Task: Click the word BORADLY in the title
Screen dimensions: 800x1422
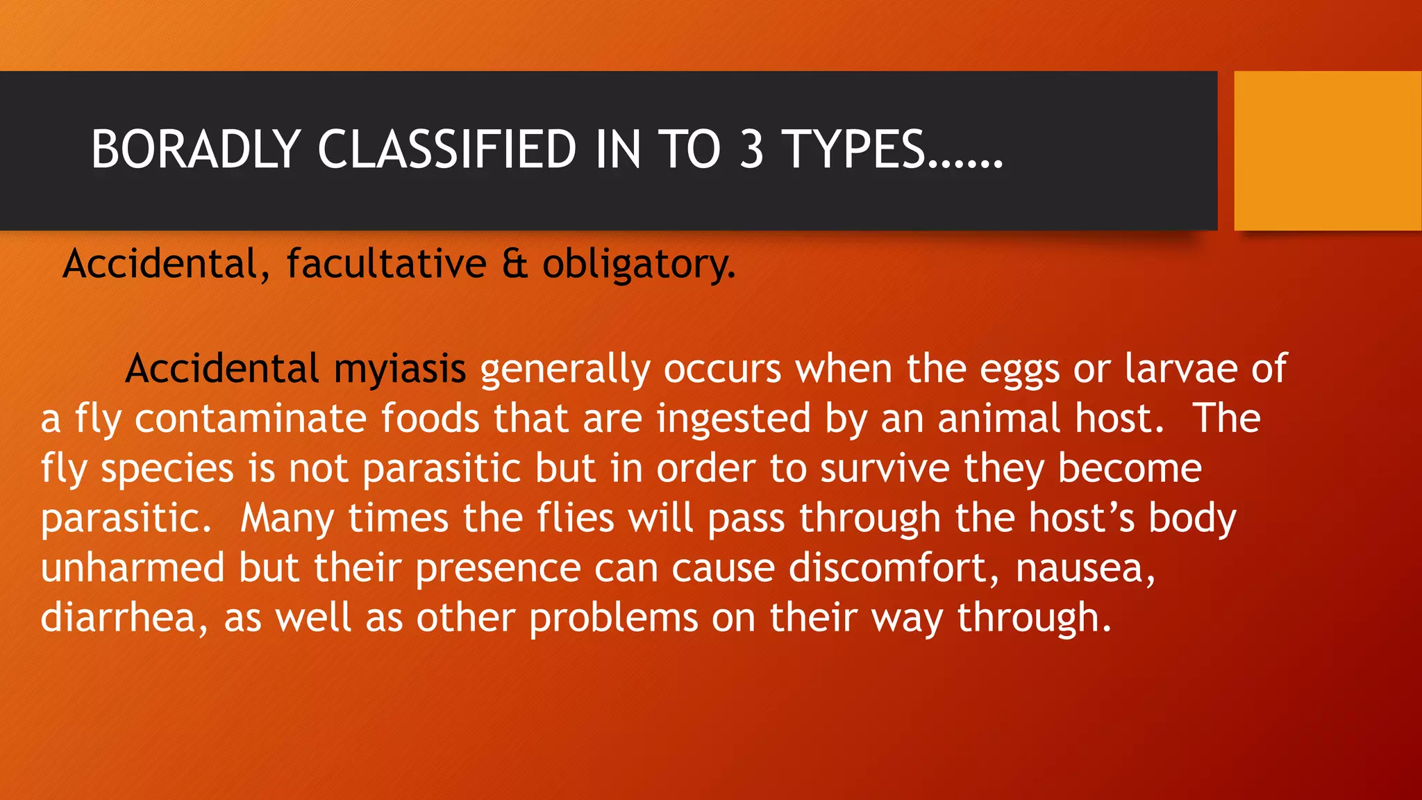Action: coord(195,149)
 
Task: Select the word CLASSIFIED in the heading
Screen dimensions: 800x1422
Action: coord(446,149)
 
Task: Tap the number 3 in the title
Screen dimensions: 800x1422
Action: coord(751,149)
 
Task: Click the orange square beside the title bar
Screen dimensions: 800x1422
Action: coord(1328,151)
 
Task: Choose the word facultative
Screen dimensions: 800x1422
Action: coord(387,265)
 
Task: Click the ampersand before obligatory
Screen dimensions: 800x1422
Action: coord(515,265)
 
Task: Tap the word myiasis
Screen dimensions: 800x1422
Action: coord(399,369)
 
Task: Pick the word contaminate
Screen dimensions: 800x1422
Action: coord(250,419)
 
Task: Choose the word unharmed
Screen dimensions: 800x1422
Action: coord(133,568)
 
